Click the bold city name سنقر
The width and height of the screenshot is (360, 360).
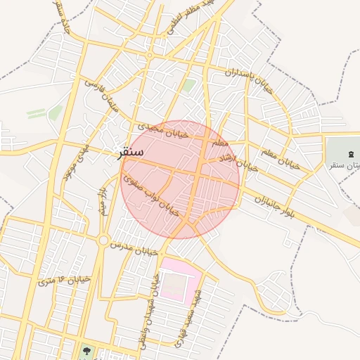[x=129, y=152]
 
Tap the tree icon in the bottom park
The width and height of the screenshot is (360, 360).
[x=86, y=349]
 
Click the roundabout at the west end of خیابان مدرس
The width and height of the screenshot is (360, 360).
[x=104, y=241]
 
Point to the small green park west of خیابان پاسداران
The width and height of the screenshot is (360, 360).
[x=189, y=86]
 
